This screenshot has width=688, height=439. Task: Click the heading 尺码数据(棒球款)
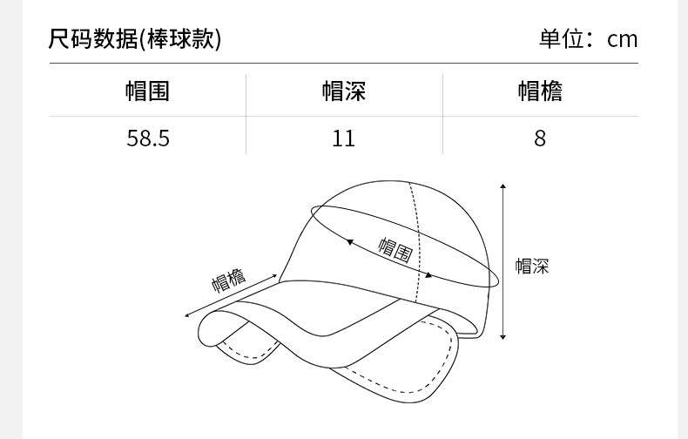pyautogui.click(x=135, y=39)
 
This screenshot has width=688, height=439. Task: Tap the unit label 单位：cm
pyautogui.click(x=589, y=39)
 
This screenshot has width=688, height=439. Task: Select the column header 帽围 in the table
pyautogui.click(x=147, y=91)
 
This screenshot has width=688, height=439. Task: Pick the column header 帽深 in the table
pyautogui.click(x=344, y=91)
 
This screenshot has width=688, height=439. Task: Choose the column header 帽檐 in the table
pyautogui.click(x=540, y=91)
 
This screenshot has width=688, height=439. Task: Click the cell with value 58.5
pyautogui.click(x=147, y=138)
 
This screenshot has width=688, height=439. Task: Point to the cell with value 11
pyautogui.click(x=344, y=138)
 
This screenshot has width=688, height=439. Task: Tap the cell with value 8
pyautogui.click(x=540, y=138)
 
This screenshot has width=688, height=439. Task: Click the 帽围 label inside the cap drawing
pyautogui.click(x=395, y=250)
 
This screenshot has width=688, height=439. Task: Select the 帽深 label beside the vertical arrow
pyautogui.click(x=532, y=267)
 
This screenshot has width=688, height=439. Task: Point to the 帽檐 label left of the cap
pyautogui.click(x=229, y=280)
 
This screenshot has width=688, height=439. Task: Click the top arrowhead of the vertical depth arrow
pyautogui.click(x=503, y=186)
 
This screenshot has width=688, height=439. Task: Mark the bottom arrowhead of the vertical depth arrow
pyautogui.click(x=503, y=337)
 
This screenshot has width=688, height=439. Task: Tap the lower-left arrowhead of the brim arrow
pyautogui.click(x=187, y=316)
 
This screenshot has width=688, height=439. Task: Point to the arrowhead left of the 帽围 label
pyautogui.click(x=350, y=241)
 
